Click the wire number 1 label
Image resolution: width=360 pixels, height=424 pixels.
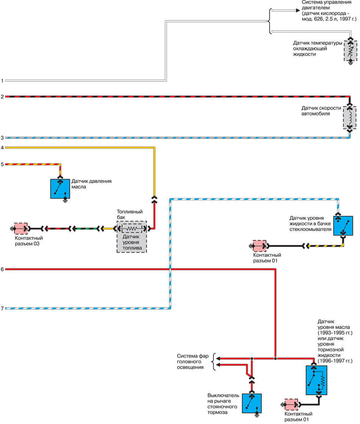click(x=2, y=81)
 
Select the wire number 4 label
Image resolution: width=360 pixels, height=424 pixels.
click(x=2, y=147)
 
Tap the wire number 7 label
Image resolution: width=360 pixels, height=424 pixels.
click(x=2, y=309)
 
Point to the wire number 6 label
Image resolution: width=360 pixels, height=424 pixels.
click(x=2, y=270)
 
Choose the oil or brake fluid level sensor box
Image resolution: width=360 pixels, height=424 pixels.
click(x=317, y=380)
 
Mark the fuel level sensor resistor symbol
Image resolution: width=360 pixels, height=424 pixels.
click(x=131, y=229)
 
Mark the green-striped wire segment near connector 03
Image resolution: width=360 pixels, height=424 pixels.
click(x=84, y=229)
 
